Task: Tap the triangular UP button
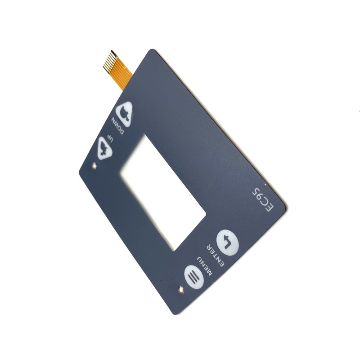(104, 149)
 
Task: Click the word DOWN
(118, 126)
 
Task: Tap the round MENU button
(194, 277)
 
